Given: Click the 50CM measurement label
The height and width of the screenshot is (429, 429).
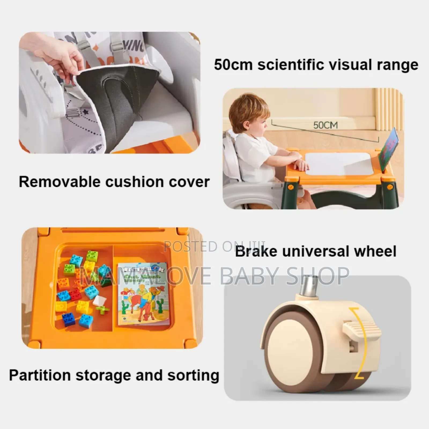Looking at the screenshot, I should coord(325,125).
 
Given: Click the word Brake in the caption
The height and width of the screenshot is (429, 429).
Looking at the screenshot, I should coord(256,252).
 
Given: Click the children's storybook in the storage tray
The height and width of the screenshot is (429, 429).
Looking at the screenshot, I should coord(143,294).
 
